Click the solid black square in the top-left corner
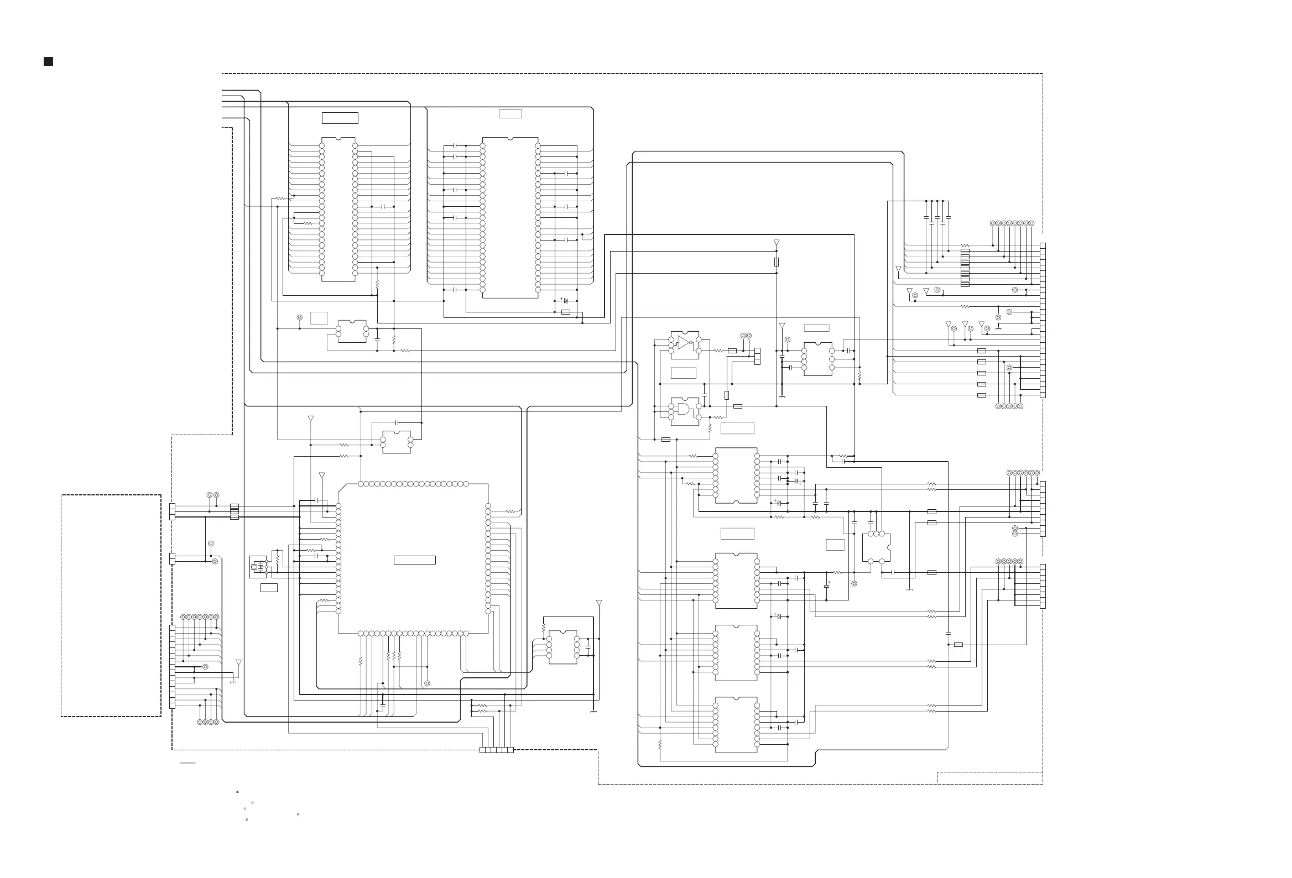pos(48,61)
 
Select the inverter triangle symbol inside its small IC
pos(684,342)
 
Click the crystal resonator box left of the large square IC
pos(258,567)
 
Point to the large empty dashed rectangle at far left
pos(111,605)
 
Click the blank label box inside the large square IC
pos(414,560)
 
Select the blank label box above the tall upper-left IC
pos(340,118)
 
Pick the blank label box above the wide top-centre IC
pos(510,114)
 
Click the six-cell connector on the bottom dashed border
pos(496,750)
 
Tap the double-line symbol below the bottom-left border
pos(188,763)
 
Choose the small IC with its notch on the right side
pos(876,547)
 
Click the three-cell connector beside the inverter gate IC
pos(757,357)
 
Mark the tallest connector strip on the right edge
pos(1043,320)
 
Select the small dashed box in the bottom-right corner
pos(989,778)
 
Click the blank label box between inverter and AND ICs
pos(683,373)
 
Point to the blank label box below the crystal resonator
pos(269,588)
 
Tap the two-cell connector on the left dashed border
pos(173,558)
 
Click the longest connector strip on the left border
pos(173,667)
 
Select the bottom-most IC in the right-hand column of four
pos(736,725)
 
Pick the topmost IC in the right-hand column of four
pos(736,475)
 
